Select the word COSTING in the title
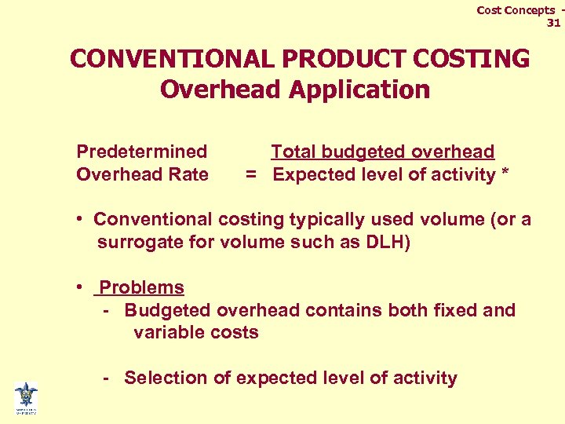click(479, 59)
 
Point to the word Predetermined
click(142, 152)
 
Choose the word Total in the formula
click(293, 152)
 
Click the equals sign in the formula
click(251, 174)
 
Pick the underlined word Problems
click(142, 287)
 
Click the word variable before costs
click(168, 332)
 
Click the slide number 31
click(553, 23)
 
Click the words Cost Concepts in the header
click(515, 10)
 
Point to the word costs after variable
click(233, 332)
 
